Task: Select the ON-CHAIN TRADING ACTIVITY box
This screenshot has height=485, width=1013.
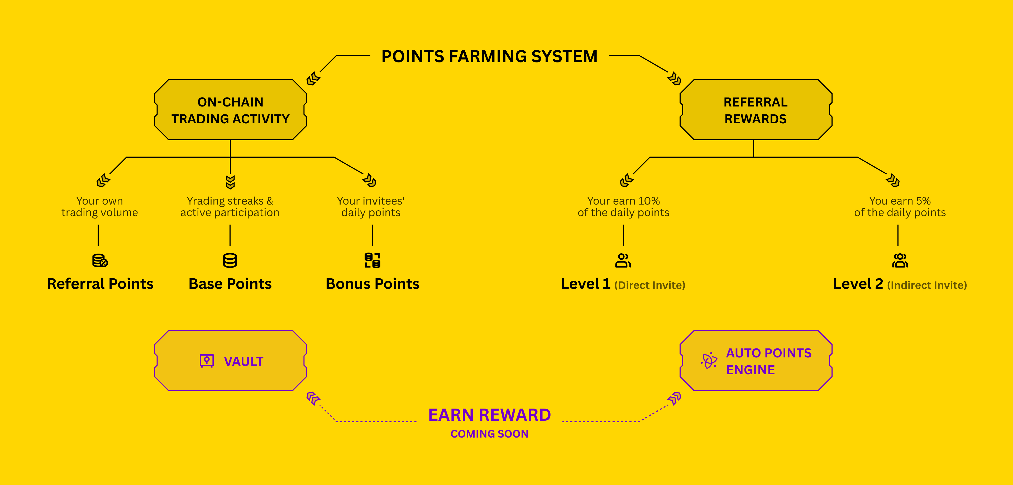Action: coord(231,110)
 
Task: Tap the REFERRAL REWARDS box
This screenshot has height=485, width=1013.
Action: coord(756,110)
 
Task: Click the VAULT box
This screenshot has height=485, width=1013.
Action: coord(231,361)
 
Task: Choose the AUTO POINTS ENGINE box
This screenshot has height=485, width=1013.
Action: coord(756,361)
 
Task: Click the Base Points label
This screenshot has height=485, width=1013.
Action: coord(230,284)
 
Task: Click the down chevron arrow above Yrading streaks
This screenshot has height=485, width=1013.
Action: coord(230,182)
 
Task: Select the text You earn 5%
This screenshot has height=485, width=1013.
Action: coord(900,201)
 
